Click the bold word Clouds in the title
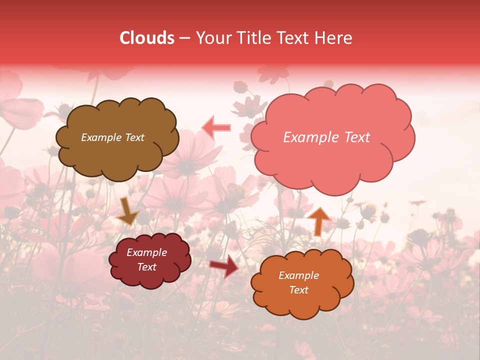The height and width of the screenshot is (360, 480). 147,38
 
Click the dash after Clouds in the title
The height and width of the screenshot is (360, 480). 184,38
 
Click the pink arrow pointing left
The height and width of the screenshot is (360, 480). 216,127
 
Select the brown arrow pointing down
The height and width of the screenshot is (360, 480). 128,212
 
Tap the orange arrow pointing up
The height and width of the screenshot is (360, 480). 318,220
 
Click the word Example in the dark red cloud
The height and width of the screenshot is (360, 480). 146,252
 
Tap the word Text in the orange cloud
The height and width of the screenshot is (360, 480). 298,290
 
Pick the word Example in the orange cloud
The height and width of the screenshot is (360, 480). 298,275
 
